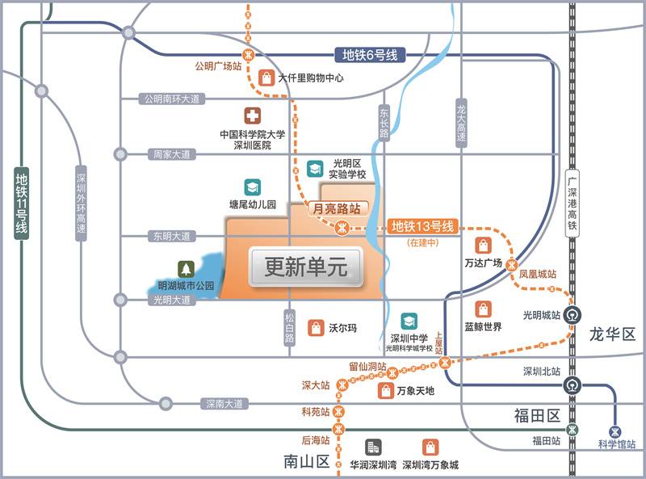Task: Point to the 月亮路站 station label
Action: coord(335,208)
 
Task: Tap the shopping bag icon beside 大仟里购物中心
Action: coord(266,78)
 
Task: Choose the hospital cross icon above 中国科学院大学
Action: coord(253,116)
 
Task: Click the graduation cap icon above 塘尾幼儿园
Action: coord(253,187)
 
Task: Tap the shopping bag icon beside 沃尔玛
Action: coord(316,328)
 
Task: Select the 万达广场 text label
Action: coord(484,263)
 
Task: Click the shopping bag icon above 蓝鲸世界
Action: coord(483,309)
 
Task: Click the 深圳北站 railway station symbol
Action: coord(573,384)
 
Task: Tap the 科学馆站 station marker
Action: coord(617,431)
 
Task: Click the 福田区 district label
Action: coord(537,416)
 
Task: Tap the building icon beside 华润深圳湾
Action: coord(372,447)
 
